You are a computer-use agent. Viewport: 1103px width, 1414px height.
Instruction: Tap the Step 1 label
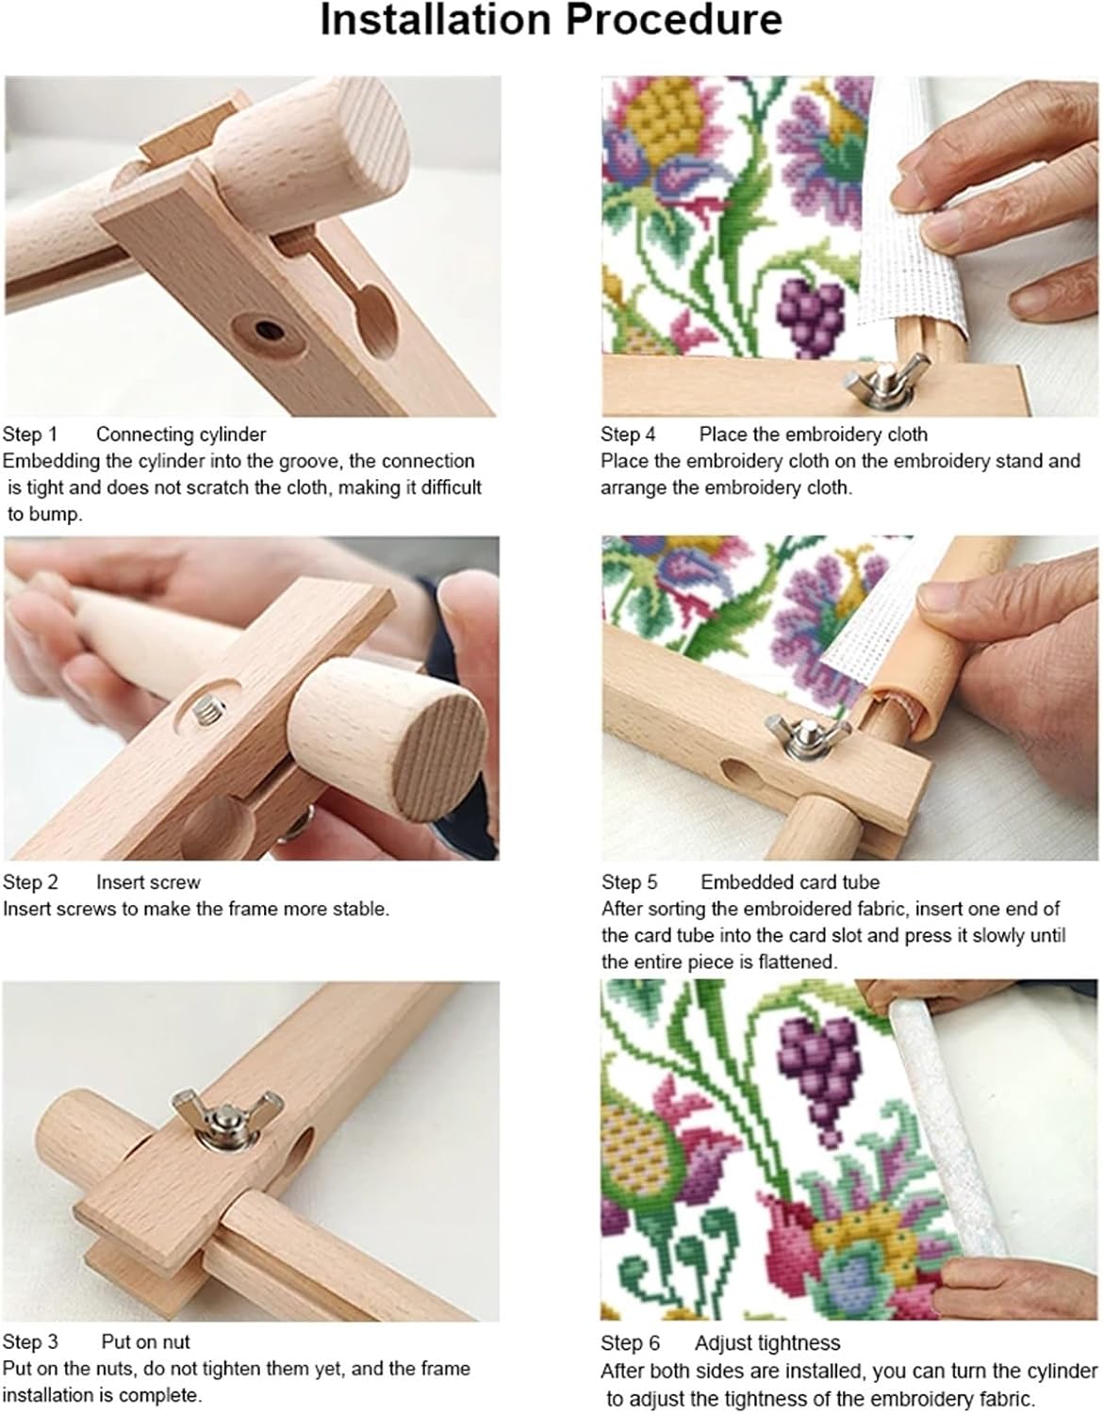click(x=30, y=435)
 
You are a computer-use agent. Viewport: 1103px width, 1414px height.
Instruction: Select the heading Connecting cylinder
click(x=181, y=435)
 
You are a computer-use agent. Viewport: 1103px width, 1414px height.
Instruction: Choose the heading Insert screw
click(x=148, y=882)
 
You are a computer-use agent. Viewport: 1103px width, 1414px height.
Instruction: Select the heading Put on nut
click(x=145, y=1341)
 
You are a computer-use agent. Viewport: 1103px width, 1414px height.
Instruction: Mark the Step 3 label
click(x=30, y=1341)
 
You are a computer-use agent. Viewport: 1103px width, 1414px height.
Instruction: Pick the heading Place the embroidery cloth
click(x=813, y=435)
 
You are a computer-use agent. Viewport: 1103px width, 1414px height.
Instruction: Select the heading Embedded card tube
click(x=789, y=882)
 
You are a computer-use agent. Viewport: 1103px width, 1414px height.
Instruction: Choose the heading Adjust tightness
click(x=767, y=1343)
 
